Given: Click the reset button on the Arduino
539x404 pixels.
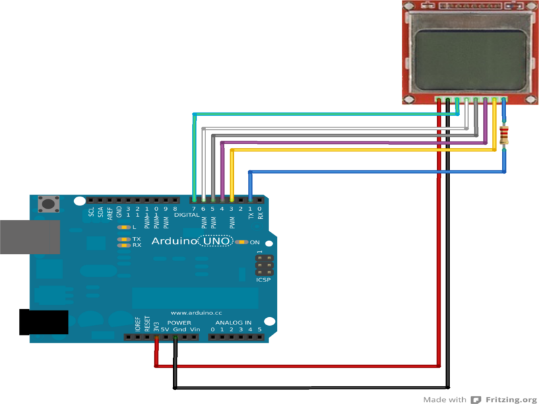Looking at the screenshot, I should click(48, 203).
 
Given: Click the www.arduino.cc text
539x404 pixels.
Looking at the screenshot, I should click(197, 313).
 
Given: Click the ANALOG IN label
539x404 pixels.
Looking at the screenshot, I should click(233, 323).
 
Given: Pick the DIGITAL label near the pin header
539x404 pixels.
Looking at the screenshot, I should click(187, 215).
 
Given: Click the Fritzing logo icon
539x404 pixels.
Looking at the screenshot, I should click(476, 399).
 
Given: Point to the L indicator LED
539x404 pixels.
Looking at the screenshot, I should click(123, 228).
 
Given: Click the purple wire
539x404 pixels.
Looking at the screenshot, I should click(350, 143).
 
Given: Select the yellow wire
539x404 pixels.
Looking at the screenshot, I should click(364, 150).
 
